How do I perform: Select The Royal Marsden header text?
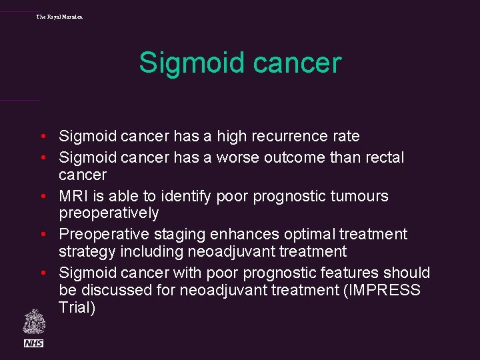(60, 16)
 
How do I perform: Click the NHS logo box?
(34, 343)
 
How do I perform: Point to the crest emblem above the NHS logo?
(34, 321)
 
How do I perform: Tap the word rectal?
(382, 158)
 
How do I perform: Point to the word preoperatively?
(109, 213)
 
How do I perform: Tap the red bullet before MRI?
(42, 197)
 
